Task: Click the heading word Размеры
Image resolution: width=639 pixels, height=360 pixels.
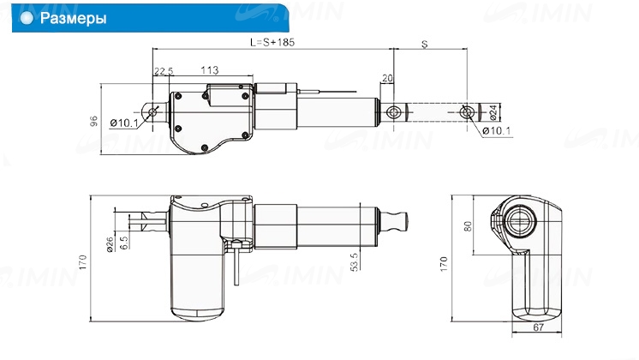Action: coord(74,18)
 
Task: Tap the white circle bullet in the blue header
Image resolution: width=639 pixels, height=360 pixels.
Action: coord(27,18)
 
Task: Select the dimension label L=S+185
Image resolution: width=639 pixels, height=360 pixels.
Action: coord(272,42)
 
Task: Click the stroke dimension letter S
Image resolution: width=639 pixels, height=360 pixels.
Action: coord(425,44)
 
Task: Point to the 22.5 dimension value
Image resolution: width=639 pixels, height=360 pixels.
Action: coord(164,71)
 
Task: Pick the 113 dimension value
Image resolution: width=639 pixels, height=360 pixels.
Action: coord(210,70)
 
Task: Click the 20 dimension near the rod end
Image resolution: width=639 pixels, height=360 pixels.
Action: coord(387,78)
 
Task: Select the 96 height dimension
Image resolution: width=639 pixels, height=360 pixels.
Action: coord(93,121)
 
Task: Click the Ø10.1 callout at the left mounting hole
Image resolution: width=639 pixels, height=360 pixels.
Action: coord(124,123)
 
